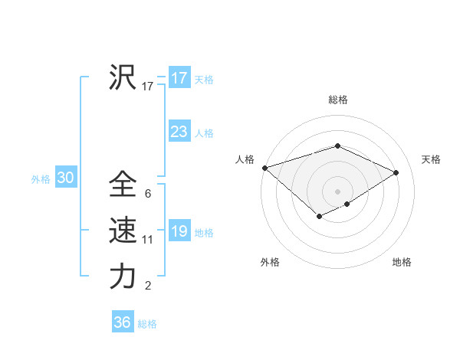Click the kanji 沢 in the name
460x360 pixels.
click(123, 77)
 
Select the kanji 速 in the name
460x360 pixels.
click(123, 230)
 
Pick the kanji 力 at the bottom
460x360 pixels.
click(123, 276)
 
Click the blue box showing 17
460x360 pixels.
click(179, 78)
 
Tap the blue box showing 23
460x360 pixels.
click(179, 132)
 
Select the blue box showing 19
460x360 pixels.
click(179, 231)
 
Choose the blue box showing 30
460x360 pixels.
click(65, 178)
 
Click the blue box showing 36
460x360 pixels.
click(123, 322)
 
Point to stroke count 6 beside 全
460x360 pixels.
click(147, 194)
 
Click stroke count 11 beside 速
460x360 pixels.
click(148, 240)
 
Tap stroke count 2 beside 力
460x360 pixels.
click(148, 286)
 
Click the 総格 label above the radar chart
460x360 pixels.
click(338, 100)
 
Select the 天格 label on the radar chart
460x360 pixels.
click(431, 159)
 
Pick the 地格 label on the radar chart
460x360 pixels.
click(402, 263)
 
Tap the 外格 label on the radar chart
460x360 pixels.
click(270, 263)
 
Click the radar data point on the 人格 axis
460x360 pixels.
click(264, 168)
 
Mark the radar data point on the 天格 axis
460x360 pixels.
click(396, 172)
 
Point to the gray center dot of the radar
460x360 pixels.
click(337, 191)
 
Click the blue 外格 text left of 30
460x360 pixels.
click(41, 179)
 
